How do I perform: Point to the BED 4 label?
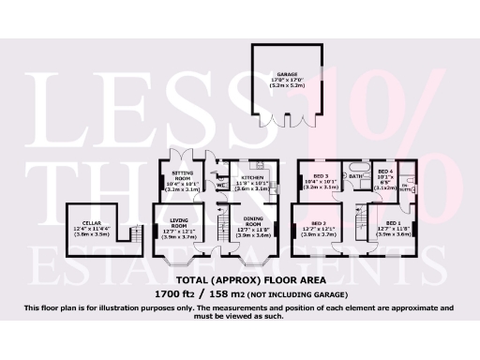pyautogui.click(x=385, y=172)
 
